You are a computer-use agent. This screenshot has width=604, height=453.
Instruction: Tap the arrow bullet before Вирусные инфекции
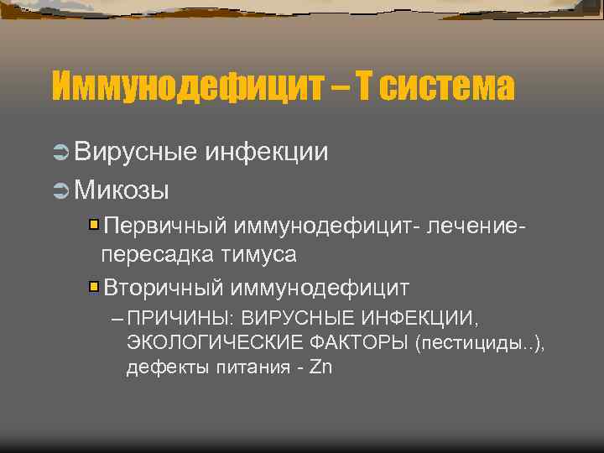point(60,152)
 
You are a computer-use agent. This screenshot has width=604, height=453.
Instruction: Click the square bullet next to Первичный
point(95,225)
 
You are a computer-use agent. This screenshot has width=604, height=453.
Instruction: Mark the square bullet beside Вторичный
point(95,287)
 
